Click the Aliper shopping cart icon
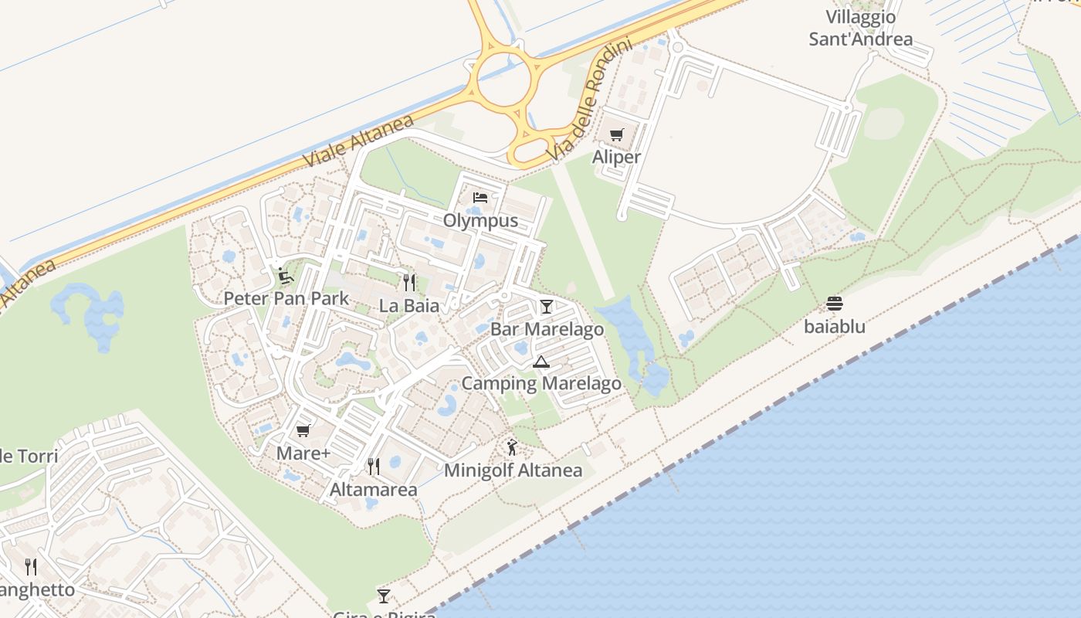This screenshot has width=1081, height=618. click(616, 135)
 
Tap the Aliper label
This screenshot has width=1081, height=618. click(616, 157)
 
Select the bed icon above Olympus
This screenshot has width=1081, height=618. click(480, 198)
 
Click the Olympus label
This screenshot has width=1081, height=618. click(480, 221)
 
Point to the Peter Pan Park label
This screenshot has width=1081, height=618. click(286, 298)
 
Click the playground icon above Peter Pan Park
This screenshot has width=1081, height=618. click(286, 275)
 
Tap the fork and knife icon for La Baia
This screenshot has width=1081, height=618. click(409, 283)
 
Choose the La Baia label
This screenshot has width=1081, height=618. click(409, 306)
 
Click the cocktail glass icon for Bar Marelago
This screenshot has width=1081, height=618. click(547, 307)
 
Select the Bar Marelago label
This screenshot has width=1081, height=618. click(547, 330)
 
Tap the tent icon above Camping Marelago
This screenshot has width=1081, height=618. click(541, 362)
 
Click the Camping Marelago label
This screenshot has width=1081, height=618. click(541, 384)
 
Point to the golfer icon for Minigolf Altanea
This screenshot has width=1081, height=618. click(512, 447)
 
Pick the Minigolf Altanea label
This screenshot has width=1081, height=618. click(513, 470)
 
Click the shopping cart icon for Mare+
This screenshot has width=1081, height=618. click(303, 430)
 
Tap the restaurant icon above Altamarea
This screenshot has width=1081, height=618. click(374, 467)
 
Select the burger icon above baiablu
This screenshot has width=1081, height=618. click(835, 304)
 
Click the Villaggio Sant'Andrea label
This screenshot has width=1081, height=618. click(861, 28)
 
